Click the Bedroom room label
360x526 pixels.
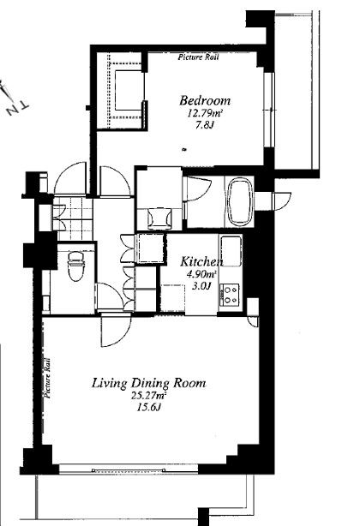pos(205,100)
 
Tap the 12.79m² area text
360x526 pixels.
pos(206,113)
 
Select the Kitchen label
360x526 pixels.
pos(201,261)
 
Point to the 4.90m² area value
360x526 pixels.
pos(201,274)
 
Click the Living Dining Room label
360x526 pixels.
pos(148,383)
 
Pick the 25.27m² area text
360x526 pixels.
pos(149,396)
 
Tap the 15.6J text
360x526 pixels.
pos(149,408)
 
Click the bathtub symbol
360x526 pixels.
pos(238,201)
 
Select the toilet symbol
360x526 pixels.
pos(75,266)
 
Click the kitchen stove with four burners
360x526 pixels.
pos(230,295)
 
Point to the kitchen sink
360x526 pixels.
pos(231,251)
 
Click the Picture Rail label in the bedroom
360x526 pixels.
pos(198,57)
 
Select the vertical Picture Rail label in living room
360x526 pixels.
pos(47,378)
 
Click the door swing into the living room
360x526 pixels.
pos(116,331)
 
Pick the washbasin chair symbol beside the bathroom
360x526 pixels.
pos(159,218)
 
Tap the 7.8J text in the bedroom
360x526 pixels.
pos(205,125)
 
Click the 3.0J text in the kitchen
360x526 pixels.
pos(201,286)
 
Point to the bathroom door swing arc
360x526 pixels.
pos(199,188)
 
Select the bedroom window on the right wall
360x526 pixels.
pos(269,110)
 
